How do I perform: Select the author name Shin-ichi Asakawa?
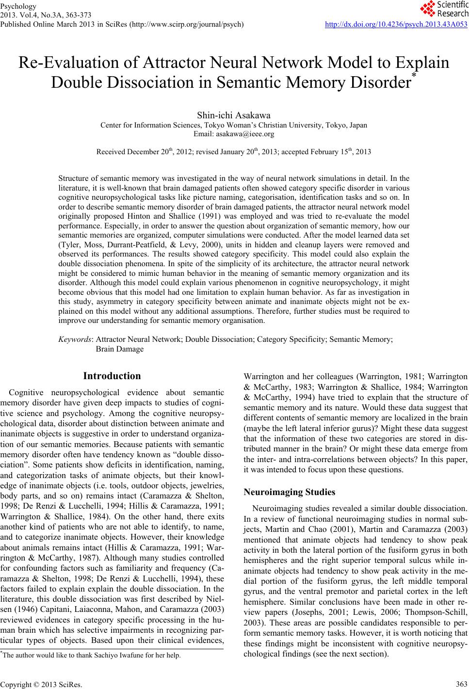tap(234, 115)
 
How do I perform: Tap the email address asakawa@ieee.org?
tap(234, 133)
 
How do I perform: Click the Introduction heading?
tap(112, 376)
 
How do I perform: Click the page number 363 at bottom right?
tap(461, 684)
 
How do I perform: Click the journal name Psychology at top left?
tap(19, 6)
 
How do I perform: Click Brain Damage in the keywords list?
tap(120, 349)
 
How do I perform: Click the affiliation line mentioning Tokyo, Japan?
tap(234, 125)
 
